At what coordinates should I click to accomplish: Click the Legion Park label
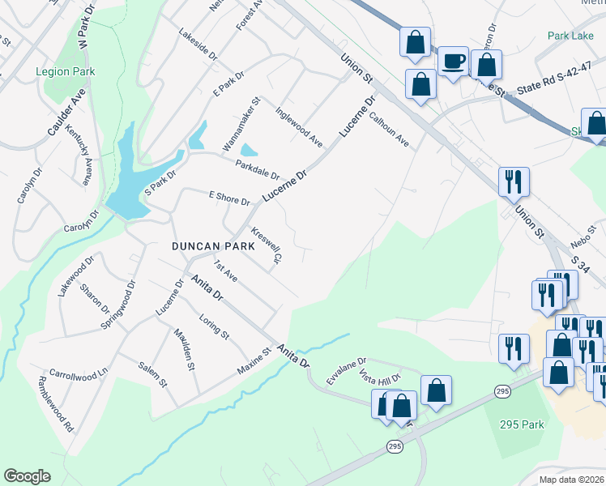[65, 71]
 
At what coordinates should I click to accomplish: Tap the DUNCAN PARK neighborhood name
[205, 245]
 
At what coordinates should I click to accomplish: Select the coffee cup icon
[453, 62]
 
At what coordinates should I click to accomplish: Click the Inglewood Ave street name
[298, 127]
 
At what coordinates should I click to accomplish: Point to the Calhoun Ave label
[390, 129]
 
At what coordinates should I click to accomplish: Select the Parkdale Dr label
[257, 169]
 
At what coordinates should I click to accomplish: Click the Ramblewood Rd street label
[56, 403]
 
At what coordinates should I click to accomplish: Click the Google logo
[27, 476]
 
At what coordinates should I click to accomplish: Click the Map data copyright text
[572, 480]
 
